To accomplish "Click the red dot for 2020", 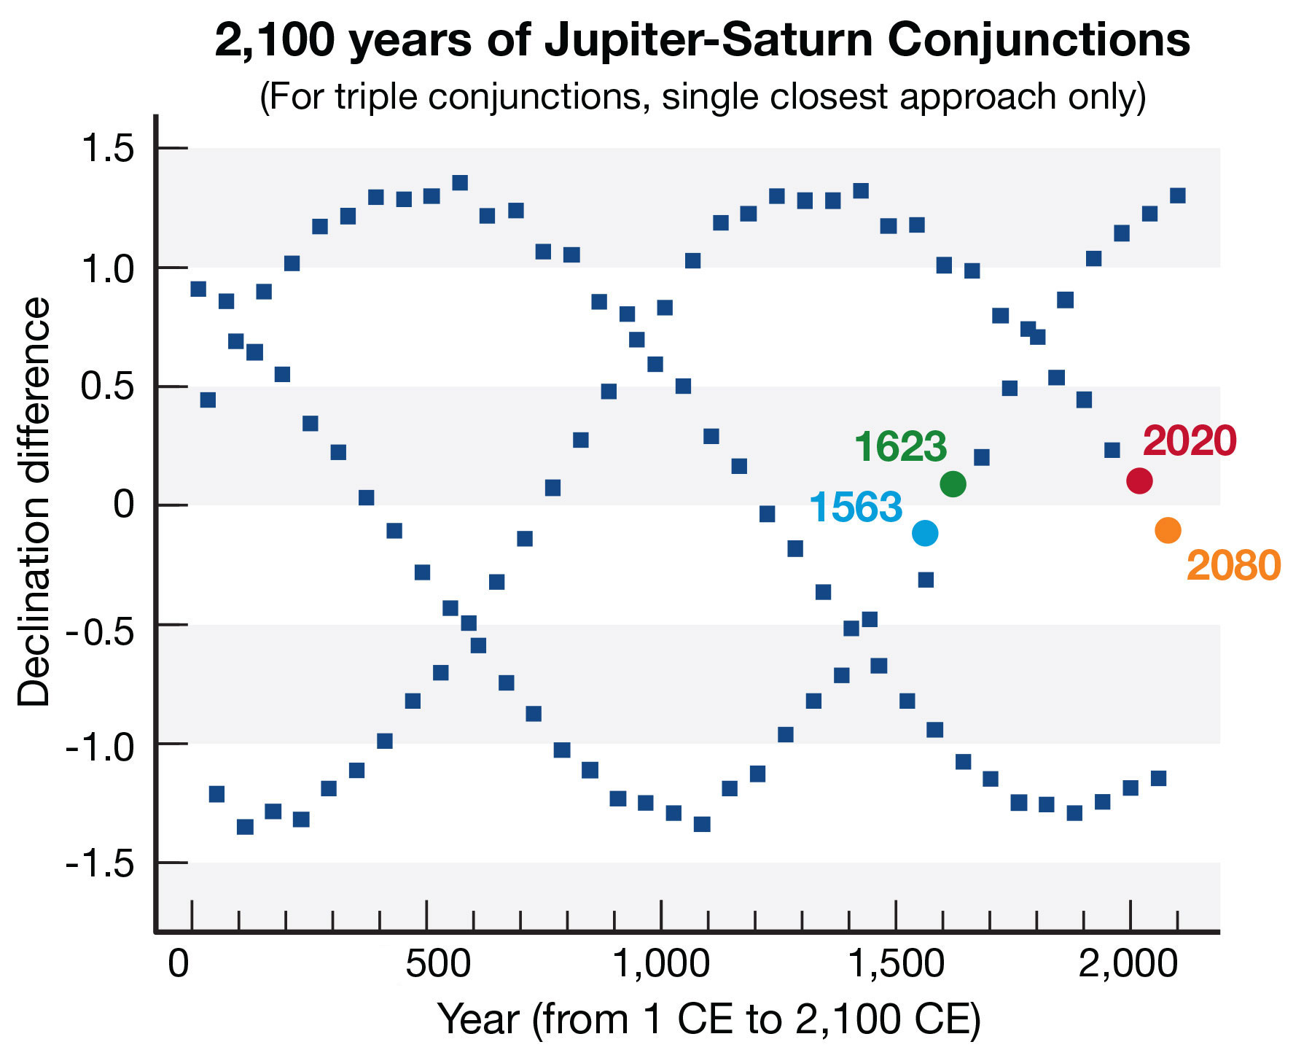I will [x=1139, y=481].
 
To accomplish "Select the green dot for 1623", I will [x=953, y=483].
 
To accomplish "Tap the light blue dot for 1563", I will [x=925, y=533].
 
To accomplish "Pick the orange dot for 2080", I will [x=1168, y=530].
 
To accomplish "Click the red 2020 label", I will [x=1190, y=441].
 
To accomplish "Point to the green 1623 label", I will [x=900, y=446].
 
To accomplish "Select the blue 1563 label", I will [x=856, y=507].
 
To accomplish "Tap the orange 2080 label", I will [x=1233, y=566].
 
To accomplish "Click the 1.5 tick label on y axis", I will [x=108, y=149].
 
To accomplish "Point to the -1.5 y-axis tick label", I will [x=101, y=864].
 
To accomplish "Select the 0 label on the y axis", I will [x=124, y=505].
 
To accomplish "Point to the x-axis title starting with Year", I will [x=708, y=1019].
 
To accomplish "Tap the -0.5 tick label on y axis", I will [x=101, y=626].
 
